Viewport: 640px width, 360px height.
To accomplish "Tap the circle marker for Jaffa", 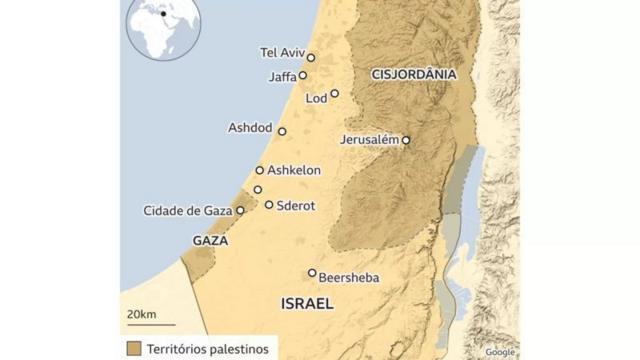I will (x=303, y=75).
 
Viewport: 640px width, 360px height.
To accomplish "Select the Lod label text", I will (x=316, y=98).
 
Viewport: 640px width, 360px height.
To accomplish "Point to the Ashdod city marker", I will (x=282, y=131).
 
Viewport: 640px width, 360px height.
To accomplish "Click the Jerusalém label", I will (x=370, y=140).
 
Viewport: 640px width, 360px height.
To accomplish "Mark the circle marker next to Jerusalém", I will (x=406, y=140).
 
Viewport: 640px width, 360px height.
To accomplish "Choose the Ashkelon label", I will (x=294, y=170).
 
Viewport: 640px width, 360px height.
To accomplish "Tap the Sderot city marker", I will (x=269, y=204).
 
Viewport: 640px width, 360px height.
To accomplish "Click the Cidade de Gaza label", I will (x=187, y=210).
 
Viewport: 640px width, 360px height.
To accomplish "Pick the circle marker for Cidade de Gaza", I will (x=240, y=211).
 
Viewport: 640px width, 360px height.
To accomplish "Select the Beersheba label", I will (x=348, y=278).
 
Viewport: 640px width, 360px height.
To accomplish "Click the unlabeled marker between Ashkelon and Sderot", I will (x=257, y=189).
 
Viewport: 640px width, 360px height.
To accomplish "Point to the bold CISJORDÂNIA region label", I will (x=413, y=74).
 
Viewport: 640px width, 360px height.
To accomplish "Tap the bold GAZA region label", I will (x=210, y=241).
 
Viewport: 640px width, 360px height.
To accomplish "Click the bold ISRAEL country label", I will (x=307, y=302).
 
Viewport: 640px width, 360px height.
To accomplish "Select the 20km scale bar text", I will (x=141, y=314).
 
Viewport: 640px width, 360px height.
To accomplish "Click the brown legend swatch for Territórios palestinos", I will (x=133, y=347).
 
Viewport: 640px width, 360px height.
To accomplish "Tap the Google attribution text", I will (x=500, y=352).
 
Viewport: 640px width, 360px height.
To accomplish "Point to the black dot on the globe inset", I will (x=163, y=15).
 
